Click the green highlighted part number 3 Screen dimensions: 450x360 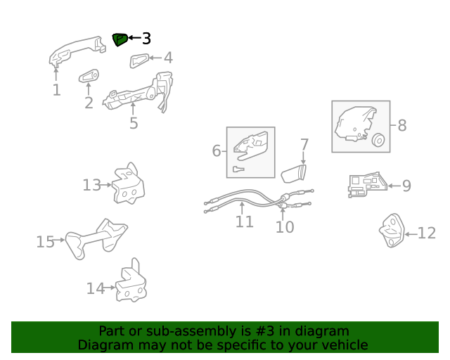tap(120, 39)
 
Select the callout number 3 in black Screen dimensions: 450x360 tap(146, 39)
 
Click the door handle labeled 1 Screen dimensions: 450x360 tap(77, 51)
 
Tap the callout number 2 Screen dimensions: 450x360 tap(89, 103)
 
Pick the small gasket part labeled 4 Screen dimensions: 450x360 tap(139, 60)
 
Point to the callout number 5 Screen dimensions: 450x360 tap(134, 123)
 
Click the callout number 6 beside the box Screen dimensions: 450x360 tap(217, 150)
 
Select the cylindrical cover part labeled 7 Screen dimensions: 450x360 tap(294, 174)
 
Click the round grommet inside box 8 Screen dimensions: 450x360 tap(378, 141)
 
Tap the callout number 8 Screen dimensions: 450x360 tap(402, 125)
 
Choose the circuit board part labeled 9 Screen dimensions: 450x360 tap(367, 185)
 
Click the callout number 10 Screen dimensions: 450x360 tap(285, 227)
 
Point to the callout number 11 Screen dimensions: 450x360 tap(245, 222)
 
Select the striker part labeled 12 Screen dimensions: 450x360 tap(392, 230)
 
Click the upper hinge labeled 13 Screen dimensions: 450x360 tap(128, 184)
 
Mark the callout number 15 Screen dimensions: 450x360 tap(45, 242)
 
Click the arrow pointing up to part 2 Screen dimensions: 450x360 tap(89, 89)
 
